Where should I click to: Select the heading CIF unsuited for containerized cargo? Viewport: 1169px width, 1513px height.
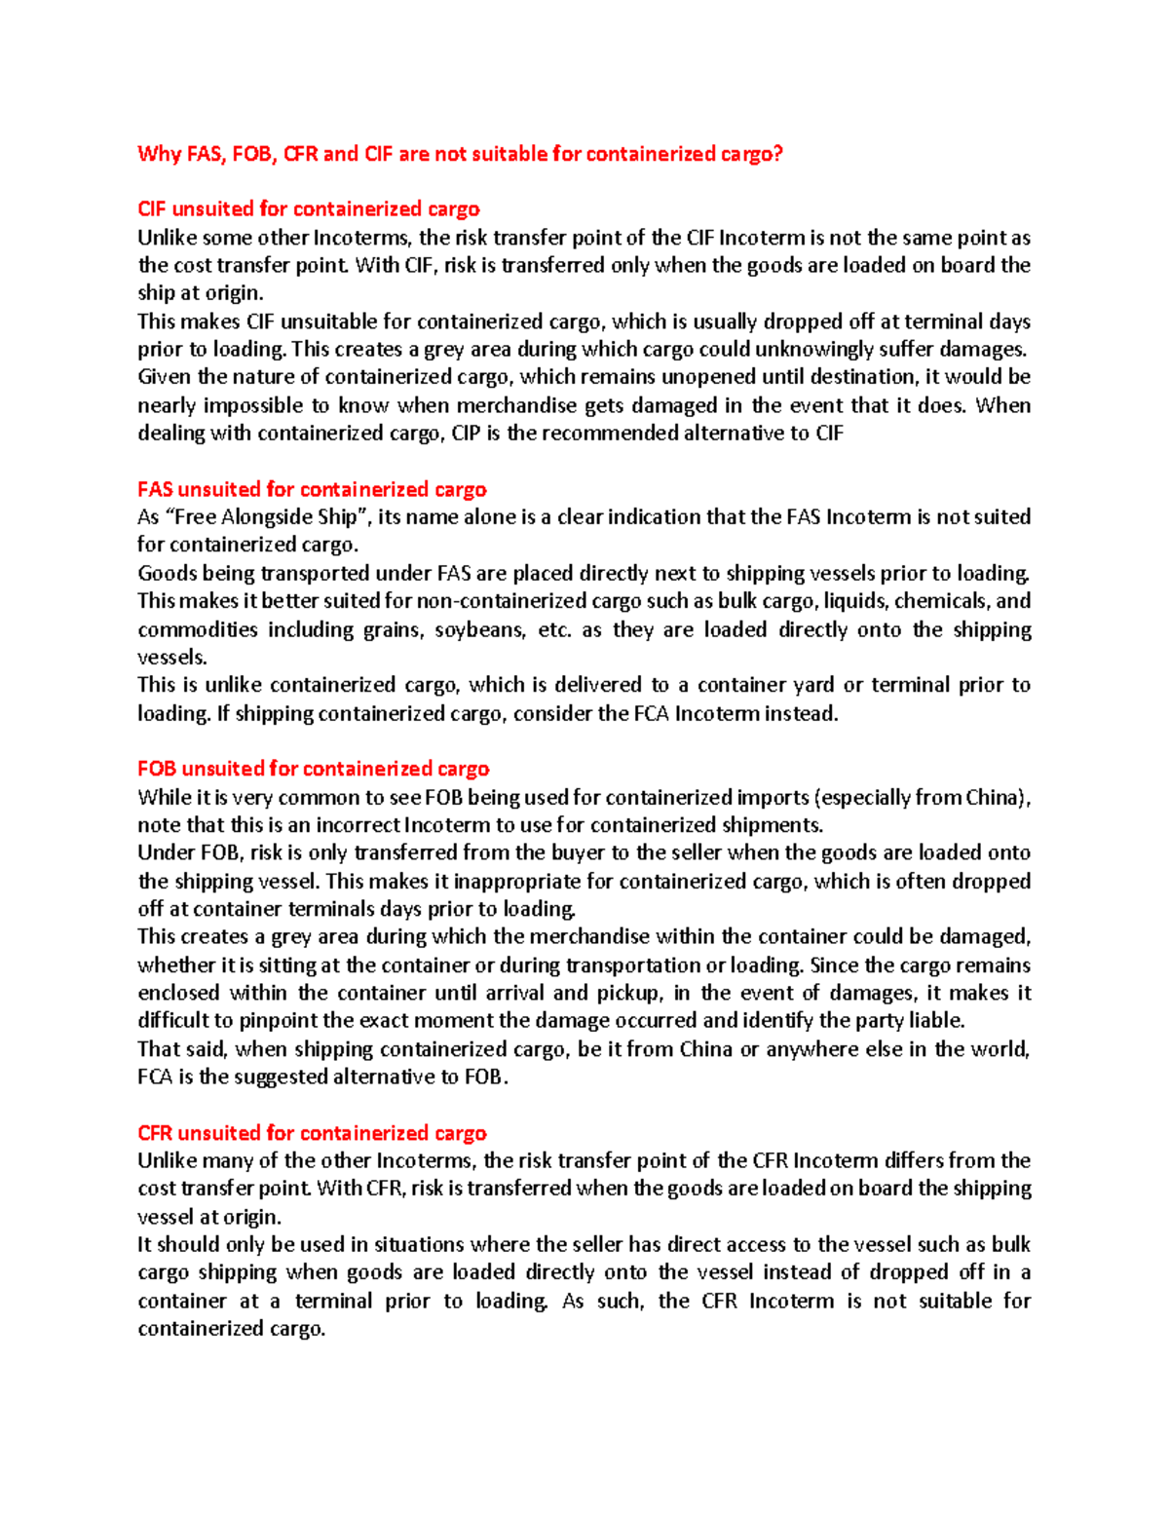tap(308, 208)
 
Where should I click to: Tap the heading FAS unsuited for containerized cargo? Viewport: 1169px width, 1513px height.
tap(312, 489)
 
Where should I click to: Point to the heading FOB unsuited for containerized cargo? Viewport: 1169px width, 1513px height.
tap(313, 769)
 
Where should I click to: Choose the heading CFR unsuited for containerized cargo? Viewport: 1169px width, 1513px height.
tap(312, 1133)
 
